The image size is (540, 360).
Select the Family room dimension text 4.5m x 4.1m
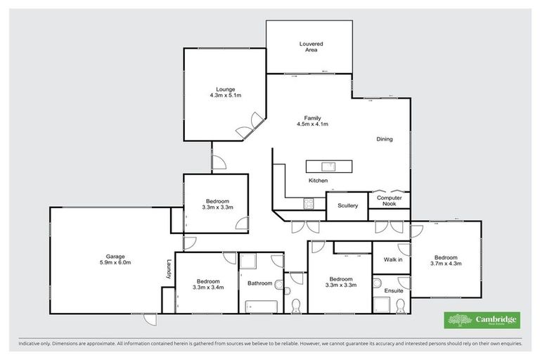(x=313, y=124)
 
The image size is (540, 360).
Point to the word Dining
(x=384, y=139)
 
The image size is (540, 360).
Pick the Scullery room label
(x=348, y=205)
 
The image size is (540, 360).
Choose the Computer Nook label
(x=389, y=201)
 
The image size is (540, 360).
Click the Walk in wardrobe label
(x=392, y=259)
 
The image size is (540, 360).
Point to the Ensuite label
(x=394, y=290)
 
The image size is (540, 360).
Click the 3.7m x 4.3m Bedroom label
(x=445, y=260)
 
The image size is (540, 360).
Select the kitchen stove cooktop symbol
(x=308, y=204)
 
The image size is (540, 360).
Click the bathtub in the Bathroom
(x=261, y=307)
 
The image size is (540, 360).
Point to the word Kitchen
(x=318, y=181)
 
